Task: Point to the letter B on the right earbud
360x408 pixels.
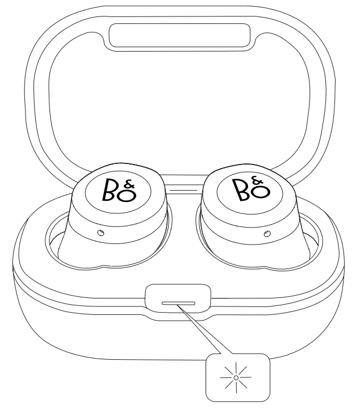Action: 240,190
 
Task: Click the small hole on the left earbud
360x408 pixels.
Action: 101,233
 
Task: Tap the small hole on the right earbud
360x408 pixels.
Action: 267,234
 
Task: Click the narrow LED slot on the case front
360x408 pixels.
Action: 178,304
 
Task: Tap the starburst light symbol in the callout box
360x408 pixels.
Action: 236,377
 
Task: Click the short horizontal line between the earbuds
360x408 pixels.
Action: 183,190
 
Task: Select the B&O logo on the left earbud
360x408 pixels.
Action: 119,190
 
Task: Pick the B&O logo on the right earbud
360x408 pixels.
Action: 251,188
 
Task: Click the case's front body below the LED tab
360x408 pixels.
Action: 179,338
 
